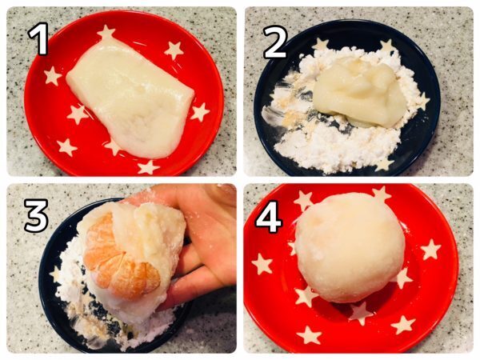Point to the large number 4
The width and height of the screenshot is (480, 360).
268,216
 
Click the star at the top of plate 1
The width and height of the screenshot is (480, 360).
106,33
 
